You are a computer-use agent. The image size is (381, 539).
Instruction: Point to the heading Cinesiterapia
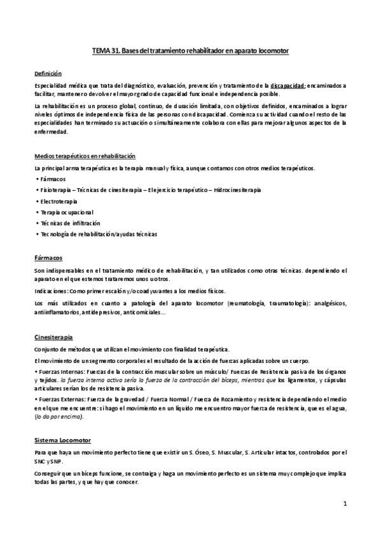coord(53,337)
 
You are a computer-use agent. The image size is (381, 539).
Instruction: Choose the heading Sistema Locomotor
coord(62,440)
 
